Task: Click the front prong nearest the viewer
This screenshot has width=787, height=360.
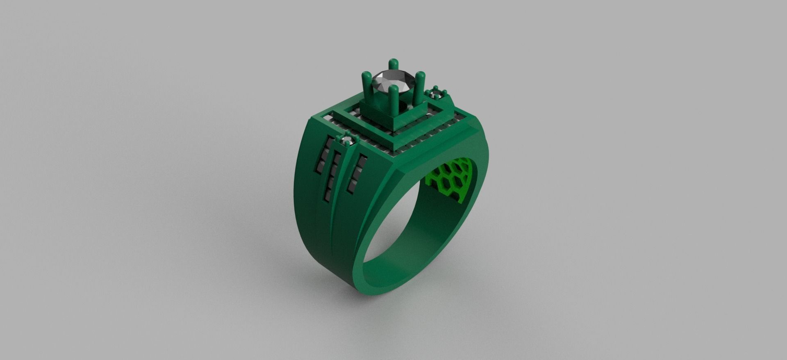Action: (x=395, y=100)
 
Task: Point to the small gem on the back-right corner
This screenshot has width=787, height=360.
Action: (x=436, y=95)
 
